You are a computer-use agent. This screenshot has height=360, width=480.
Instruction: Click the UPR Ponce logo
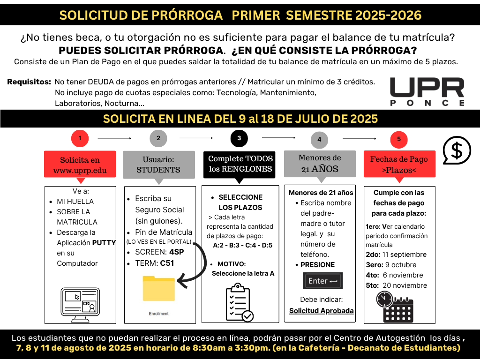pyautogui.click(x=427, y=92)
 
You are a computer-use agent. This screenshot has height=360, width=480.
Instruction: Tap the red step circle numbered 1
pyautogui.click(x=80, y=138)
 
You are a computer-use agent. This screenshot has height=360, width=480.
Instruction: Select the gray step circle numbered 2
pyautogui.click(x=158, y=138)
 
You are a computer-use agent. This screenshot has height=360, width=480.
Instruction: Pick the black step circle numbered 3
pyautogui.click(x=239, y=138)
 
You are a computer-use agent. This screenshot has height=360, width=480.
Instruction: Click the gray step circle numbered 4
pyautogui.click(x=319, y=139)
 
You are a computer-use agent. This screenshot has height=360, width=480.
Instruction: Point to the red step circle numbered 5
pyautogui.click(x=399, y=139)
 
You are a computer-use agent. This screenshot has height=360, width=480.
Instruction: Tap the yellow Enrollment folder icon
pyautogui.click(x=158, y=289)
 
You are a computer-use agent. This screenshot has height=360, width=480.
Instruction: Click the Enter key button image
pyautogui.click(x=322, y=281)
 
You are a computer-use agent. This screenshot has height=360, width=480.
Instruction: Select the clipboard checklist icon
pyautogui.click(x=239, y=302)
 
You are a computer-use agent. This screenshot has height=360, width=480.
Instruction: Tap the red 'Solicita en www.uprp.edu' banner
pyautogui.click(x=80, y=165)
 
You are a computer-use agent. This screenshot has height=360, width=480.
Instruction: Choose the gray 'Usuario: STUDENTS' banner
pyautogui.click(x=158, y=164)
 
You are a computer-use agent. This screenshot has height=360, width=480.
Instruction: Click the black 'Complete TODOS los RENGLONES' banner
pyautogui.click(x=239, y=164)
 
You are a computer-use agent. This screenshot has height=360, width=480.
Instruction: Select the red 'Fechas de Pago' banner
pyautogui.click(x=399, y=164)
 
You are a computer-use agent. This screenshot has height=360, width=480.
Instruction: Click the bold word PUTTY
pyautogui.click(x=104, y=243)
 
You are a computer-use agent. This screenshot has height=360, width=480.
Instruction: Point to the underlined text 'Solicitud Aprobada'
pyautogui.click(x=321, y=311)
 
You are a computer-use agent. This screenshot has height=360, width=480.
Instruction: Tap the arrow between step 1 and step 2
pyautogui.click(x=114, y=138)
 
